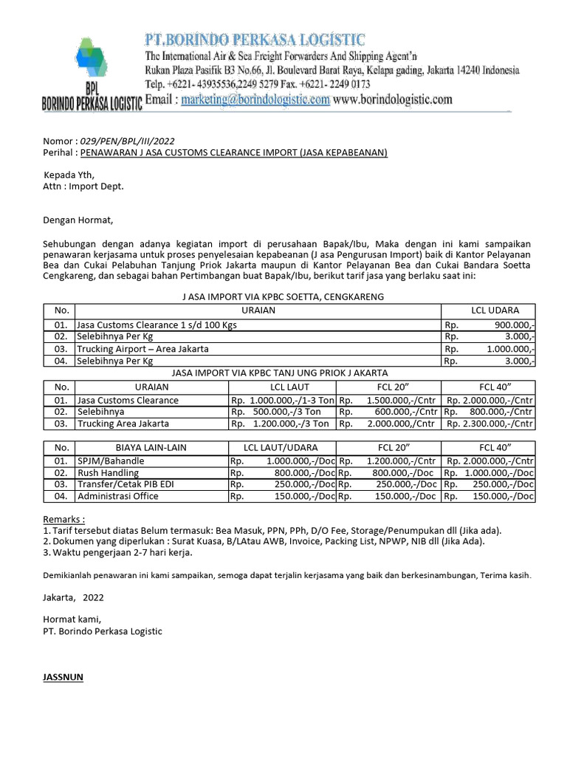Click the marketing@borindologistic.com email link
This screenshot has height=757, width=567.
coord(255,100)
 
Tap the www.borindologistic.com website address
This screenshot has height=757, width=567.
coord(392,100)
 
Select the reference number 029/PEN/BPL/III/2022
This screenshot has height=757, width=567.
coord(127,141)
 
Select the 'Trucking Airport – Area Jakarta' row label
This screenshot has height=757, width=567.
coord(142,348)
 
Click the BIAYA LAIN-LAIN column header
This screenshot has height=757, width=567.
coord(151,447)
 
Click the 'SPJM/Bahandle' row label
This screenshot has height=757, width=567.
coord(111,461)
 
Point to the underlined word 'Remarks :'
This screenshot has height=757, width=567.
coord(63,519)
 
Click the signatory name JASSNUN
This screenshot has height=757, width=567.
coord(63,676)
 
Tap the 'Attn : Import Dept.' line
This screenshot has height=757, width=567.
coord(83,186)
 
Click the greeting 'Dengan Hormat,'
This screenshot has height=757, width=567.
coord(78,220)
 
